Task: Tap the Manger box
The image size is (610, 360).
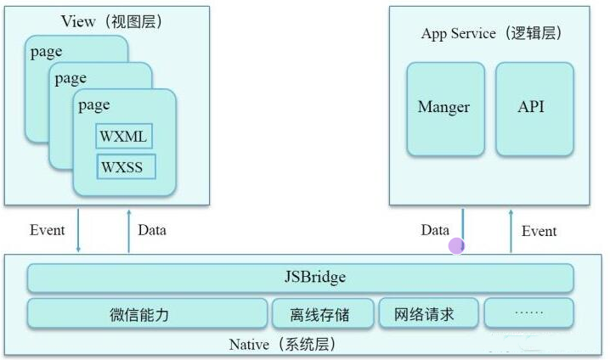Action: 444,108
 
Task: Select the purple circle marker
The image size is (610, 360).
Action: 456,246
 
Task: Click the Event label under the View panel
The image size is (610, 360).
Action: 48,230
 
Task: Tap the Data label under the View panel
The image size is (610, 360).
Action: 152,230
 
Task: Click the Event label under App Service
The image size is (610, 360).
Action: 539,231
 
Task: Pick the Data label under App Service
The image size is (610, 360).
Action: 435,230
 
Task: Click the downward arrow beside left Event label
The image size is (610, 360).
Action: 78,231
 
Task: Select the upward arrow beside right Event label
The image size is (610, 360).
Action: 511,231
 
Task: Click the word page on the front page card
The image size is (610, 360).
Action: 94,105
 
